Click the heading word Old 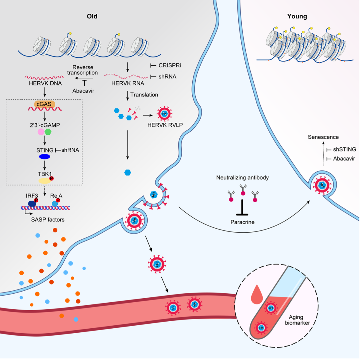pos(92,16)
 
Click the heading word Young pos(297,16)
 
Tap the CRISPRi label pos(170,65)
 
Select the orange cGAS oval pos(44,104)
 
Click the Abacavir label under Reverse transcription pos(83,91)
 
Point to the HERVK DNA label pos(45,83)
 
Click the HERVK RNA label pos(128,83)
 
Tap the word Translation pos(144,95)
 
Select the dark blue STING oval pos(44,157)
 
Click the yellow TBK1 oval pos(44,180)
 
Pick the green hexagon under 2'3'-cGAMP pos(48,132)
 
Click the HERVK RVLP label pos(165,125)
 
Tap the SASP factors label pos(48,220)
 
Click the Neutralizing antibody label pos(242,178)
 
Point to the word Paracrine pos(242,222)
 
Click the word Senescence pos(323,137)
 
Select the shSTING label pos(344,149)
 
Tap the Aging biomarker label pos(297,320)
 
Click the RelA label pos(56,196)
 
